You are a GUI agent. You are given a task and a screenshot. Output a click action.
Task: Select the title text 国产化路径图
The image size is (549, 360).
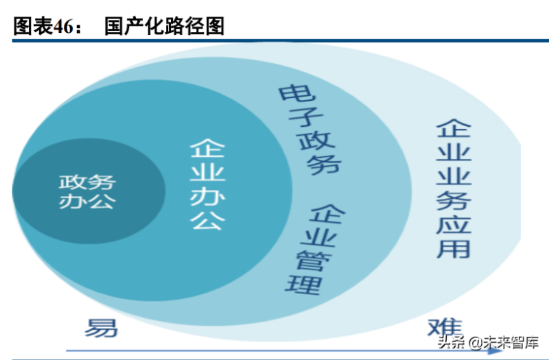coord(164,25)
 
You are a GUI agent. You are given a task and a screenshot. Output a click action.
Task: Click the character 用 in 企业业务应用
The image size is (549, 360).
coord(454,245)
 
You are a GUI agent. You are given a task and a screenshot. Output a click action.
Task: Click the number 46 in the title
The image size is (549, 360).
coord(58,26)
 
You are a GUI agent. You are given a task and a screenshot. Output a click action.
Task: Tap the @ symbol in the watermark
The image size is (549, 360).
coord(471,341)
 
